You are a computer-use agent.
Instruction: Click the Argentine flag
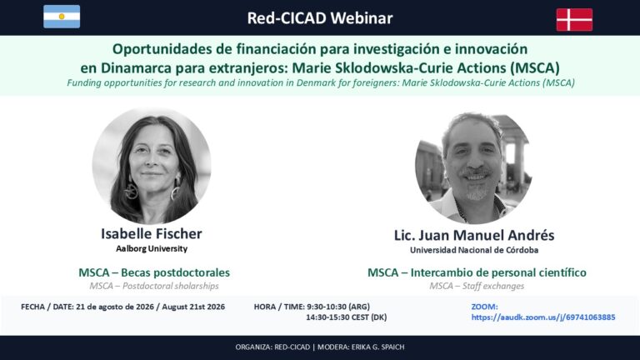[x=62, y=17]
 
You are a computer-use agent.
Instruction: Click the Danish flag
[x=574, y=20]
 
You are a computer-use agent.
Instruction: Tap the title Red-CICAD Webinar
[x=320, y=18]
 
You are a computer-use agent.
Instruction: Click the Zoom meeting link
[x=543, y=317]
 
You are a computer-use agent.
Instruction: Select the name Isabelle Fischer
[x=152, y=234]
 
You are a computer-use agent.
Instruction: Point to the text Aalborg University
[x=152, y=248]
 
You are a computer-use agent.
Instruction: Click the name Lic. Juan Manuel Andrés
[x=474, y=235]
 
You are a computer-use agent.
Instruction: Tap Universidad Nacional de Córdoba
[x=474, y=250]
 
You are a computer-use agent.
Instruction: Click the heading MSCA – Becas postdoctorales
[x=154, y=272]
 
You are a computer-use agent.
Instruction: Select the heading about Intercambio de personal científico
[x=477, y=272]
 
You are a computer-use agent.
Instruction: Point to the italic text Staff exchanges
[x=493, y=286]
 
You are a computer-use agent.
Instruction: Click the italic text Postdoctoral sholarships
[x=171, y=286]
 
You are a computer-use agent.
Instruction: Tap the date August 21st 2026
[x=193, y=307]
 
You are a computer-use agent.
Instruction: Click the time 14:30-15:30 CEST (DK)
[x=346, y=317]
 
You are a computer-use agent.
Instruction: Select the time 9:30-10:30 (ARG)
[x=338, y=307]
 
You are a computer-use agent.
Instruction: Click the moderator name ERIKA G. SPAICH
[x=377, y=347]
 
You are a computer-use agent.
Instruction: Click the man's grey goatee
[x=476, y=192]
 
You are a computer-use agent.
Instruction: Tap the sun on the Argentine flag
[x=62, y=17]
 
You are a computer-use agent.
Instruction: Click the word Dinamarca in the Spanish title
[x=137, y=67]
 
